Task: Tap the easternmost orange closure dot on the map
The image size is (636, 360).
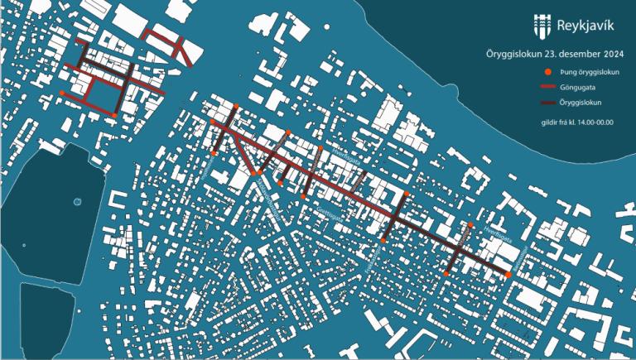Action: pos(508,274)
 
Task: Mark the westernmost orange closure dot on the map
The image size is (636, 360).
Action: pos(63,94)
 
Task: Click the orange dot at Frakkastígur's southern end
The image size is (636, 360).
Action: pos(384,241)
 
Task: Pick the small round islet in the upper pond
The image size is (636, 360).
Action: pos(76,201)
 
